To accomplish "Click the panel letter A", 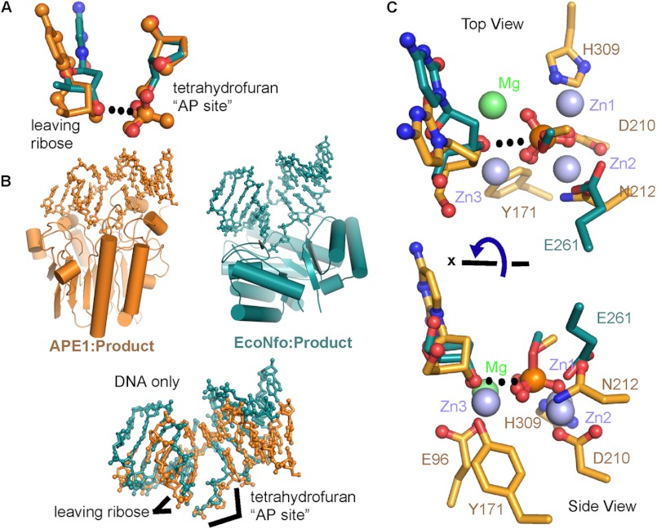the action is [x=8, y=9].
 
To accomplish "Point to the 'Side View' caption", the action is [x=597, y=505].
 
